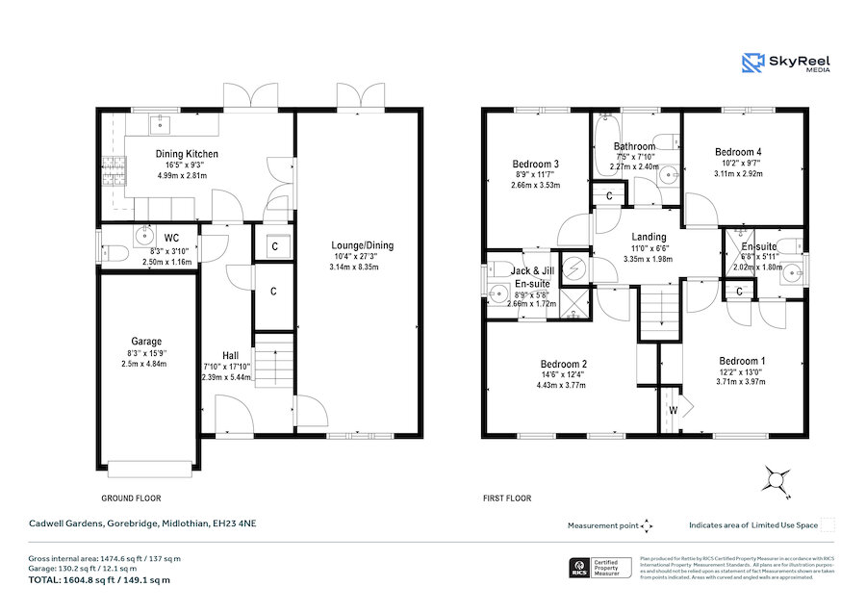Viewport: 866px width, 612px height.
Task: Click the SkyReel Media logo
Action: [788, 64]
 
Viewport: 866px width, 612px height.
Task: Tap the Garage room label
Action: [146, 341]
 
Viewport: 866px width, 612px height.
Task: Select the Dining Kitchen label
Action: [187, 154]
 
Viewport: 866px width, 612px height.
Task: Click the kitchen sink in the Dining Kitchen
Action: [159, 125]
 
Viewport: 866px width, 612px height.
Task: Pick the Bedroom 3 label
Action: [536, 164]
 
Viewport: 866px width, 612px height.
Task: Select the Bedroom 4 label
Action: [738, 152]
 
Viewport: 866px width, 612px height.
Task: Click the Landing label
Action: [649, 237]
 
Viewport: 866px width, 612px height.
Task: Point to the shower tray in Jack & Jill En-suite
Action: [576, 302]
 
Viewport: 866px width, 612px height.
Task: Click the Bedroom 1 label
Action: [738, 360]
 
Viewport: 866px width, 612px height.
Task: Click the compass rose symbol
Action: [777, 478]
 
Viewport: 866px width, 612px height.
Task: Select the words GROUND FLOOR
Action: [132, 498]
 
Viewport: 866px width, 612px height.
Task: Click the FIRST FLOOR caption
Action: [506, 498]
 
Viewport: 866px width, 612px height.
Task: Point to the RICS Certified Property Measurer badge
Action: [602, 567]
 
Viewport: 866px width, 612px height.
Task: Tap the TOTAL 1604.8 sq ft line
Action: [100, 580]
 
